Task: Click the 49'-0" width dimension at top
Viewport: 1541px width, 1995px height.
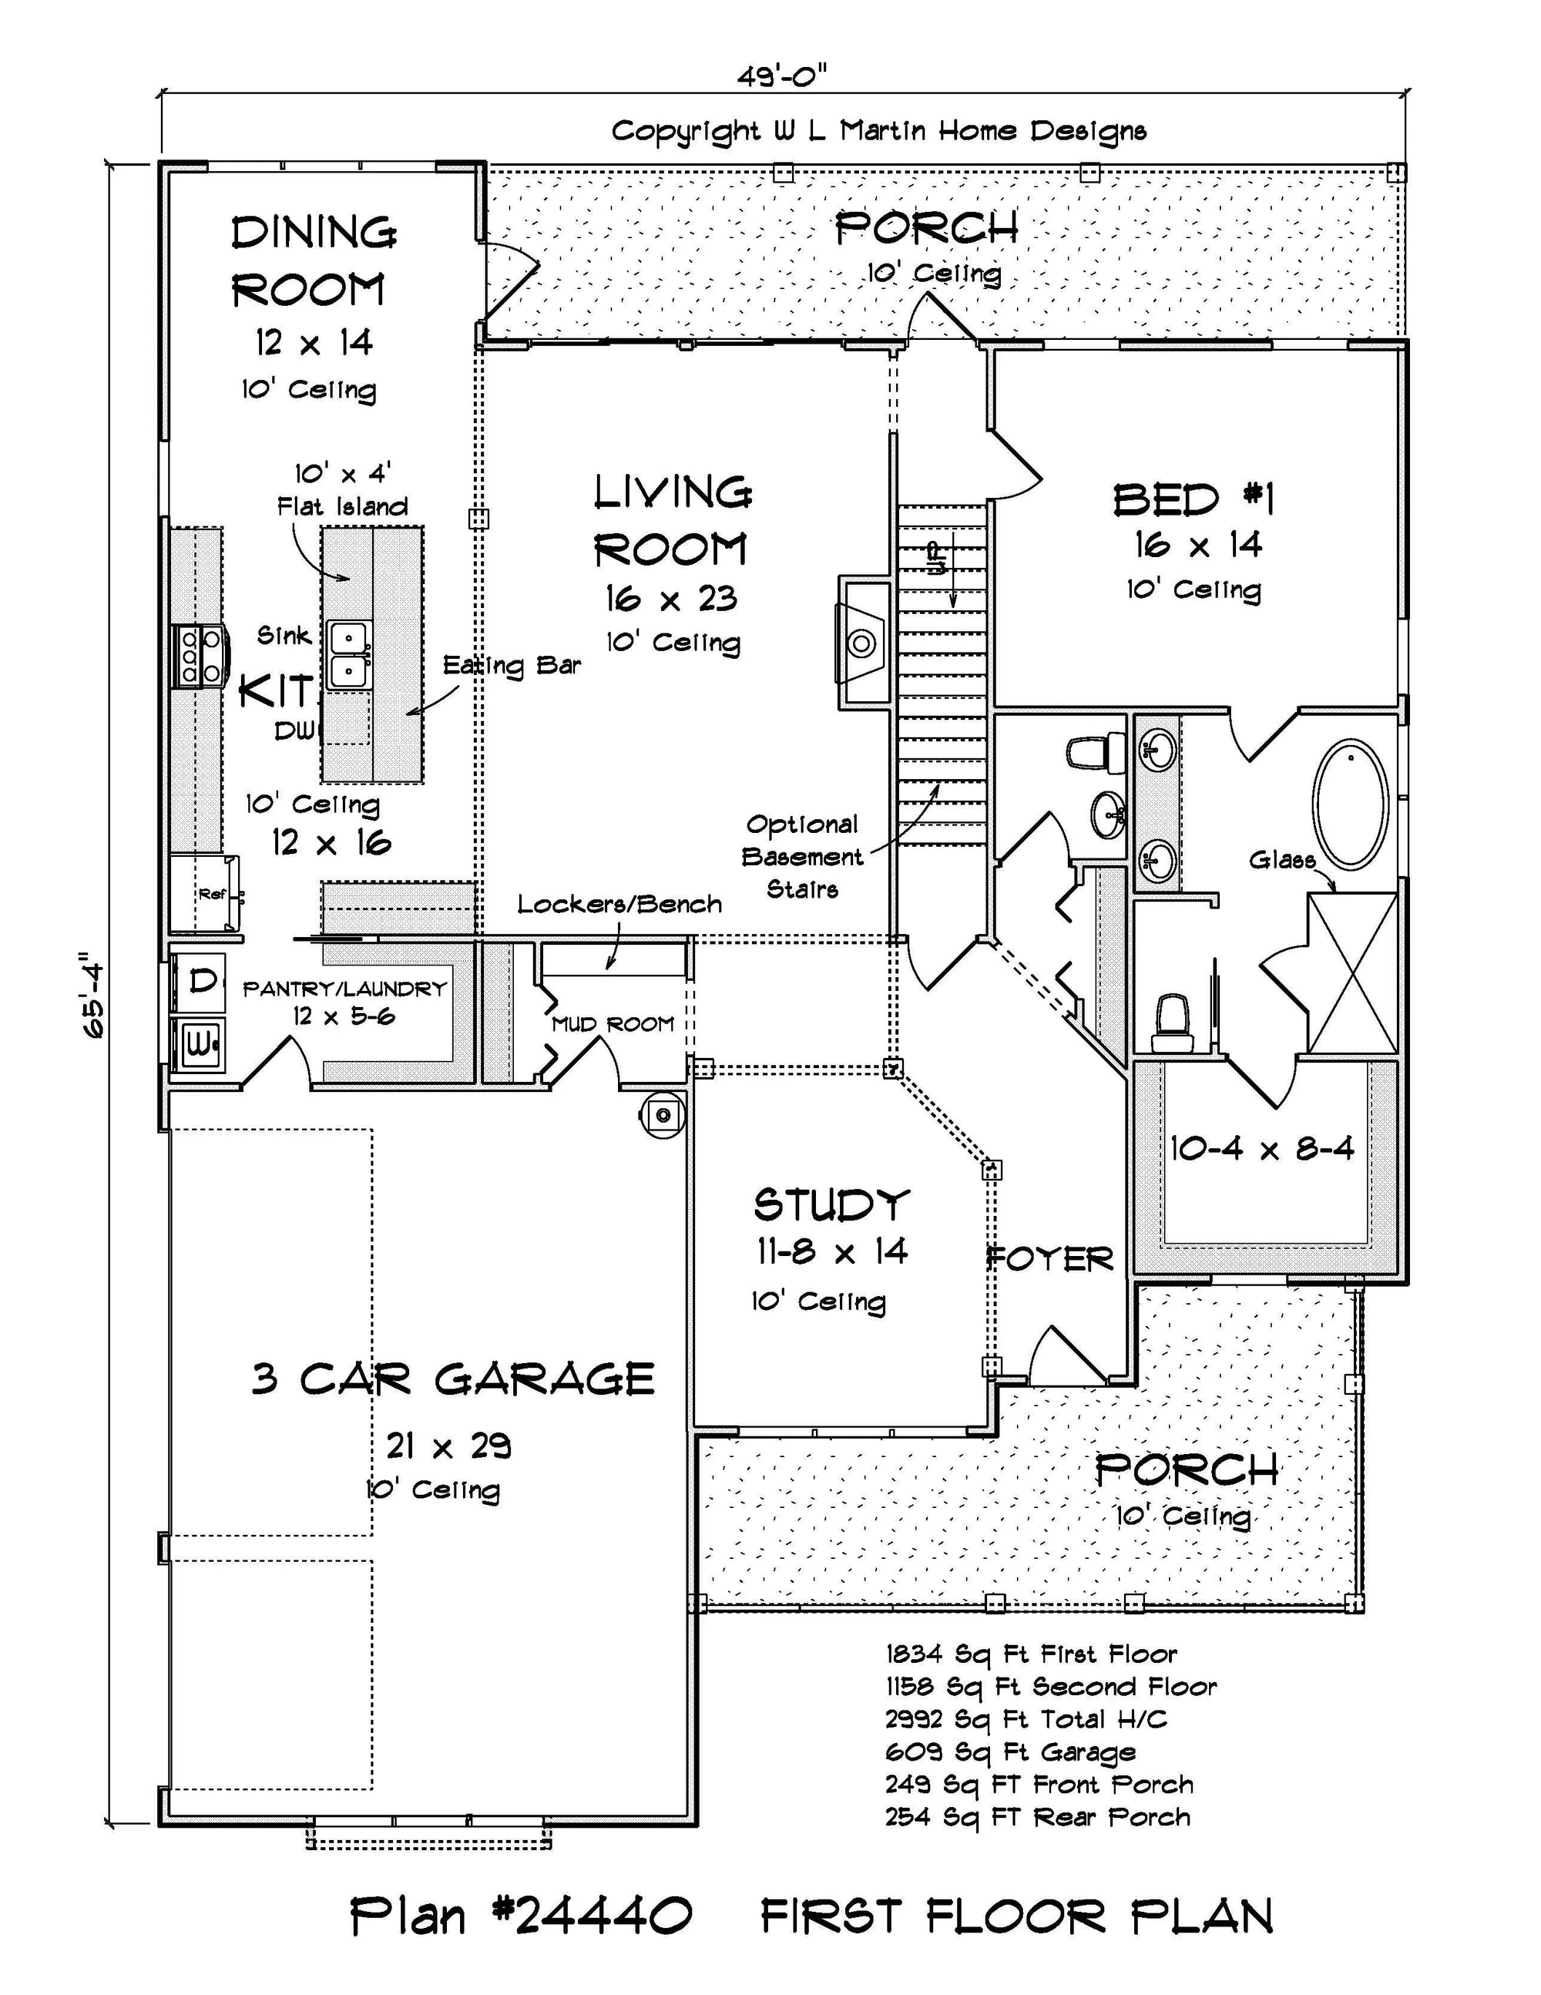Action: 782,77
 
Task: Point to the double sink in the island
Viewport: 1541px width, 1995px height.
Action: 348,654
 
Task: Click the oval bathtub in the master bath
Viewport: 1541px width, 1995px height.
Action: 1351,804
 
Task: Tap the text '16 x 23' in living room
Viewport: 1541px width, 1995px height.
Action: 670,600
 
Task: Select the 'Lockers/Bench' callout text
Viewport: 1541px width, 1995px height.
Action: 619,905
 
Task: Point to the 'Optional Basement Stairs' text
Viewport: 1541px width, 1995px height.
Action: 801,857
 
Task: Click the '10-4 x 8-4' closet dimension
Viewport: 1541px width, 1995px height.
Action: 1262,1148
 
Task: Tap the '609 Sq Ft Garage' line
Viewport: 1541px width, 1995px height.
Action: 1010,1752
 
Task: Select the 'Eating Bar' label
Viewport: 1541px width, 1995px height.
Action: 512,665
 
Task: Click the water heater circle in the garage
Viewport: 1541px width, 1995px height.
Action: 663,1114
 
